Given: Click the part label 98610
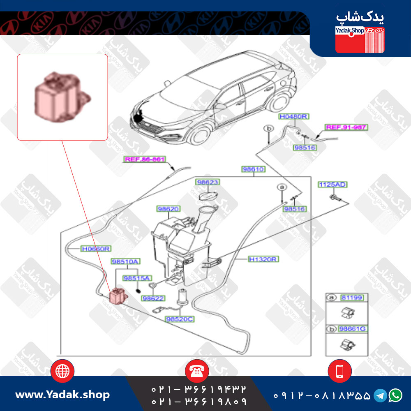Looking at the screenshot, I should [x=253, y=169].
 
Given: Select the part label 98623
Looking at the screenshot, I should [x=207, y=182].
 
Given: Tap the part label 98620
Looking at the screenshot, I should [x=168, y=209].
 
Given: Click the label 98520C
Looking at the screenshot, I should [x=180, y=319].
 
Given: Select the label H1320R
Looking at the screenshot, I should [x=263, y=259].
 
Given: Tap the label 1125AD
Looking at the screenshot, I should [x=332, y=185].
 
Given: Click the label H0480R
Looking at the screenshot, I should [x=293, y=117].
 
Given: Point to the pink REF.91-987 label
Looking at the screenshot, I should [x=346, y=127].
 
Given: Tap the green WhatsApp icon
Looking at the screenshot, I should [x=395, y=395].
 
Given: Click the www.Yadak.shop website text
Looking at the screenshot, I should [x=62, y=395].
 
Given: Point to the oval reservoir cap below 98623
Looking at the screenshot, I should [x=208, y=196].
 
